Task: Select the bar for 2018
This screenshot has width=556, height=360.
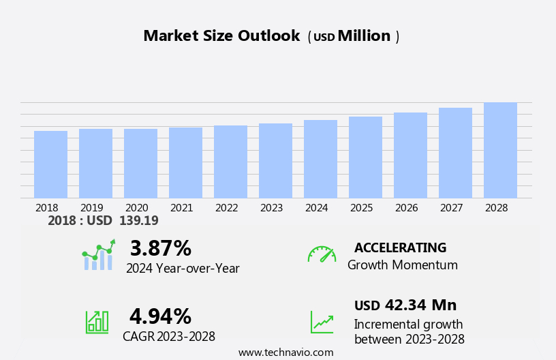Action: (50, 164)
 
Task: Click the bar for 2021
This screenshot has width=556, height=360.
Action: (185, 163)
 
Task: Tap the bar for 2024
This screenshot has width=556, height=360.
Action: (320, 159)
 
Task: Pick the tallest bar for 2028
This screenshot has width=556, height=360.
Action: (500, 150)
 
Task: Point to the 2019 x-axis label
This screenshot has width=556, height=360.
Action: (91, 208)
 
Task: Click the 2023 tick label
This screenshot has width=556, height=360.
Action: (271, 208)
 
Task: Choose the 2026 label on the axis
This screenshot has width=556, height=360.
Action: (406, 208)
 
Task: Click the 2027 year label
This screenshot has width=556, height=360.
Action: (451, 208)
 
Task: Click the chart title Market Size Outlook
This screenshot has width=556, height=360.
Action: (221, 36)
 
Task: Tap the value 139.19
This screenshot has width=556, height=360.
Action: (138, 221)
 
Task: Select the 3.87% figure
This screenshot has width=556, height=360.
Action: (161, 248)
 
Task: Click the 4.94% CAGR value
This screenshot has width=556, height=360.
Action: (161, 316)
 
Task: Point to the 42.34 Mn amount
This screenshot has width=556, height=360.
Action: (420, 305)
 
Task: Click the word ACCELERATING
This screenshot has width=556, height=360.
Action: (400, 247)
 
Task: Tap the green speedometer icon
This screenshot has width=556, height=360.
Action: (322, 255)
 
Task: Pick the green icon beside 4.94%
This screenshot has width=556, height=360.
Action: (97, 321)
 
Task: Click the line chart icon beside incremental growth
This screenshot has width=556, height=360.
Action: (322, 322)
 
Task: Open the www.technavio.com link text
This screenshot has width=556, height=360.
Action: (285, 352)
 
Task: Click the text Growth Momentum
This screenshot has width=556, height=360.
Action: (402, 265)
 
